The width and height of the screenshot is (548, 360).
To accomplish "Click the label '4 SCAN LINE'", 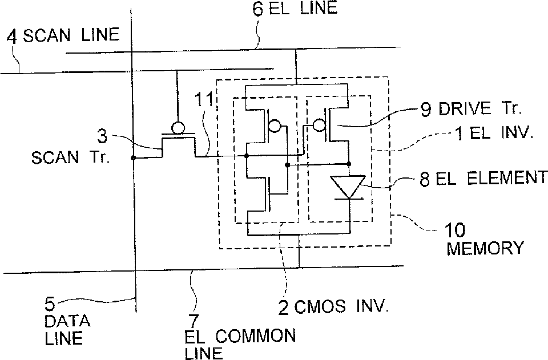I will tap(63, 35).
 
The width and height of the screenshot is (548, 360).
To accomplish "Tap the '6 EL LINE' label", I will tap(295, 9).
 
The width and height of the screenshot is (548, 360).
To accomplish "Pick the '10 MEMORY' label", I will tap(485, 239).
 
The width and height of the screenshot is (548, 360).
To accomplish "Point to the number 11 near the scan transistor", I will tap(206, 100).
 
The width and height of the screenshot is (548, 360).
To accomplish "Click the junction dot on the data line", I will tap(132, 157).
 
